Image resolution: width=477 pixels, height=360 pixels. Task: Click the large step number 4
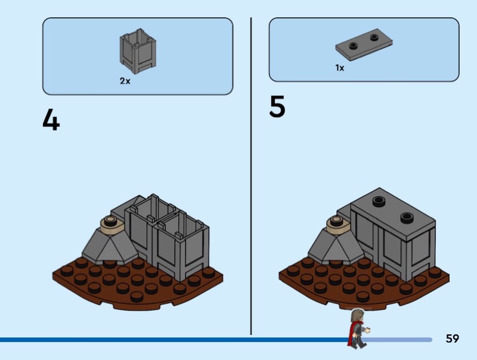51,120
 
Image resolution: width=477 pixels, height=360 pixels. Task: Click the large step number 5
277,107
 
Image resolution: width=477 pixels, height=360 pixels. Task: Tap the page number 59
453,339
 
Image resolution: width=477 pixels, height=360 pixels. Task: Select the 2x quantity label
125,81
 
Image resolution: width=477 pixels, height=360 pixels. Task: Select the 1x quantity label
339,68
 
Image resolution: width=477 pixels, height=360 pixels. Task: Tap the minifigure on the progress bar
358,328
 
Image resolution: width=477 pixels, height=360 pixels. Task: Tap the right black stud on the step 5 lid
407,217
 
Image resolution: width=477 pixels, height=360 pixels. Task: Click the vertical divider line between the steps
251,179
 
